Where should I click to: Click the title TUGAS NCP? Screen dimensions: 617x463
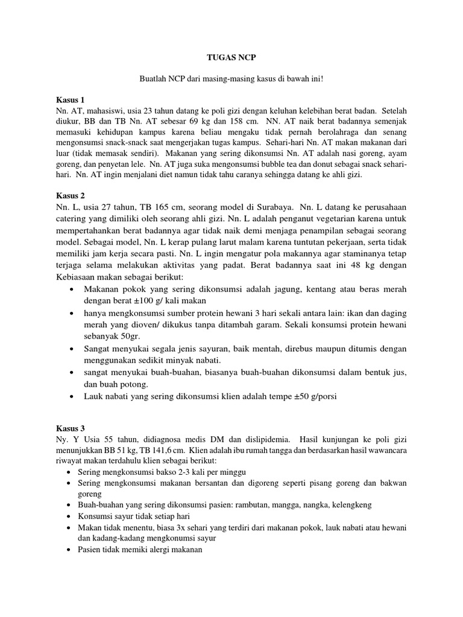tap(231, 60)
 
